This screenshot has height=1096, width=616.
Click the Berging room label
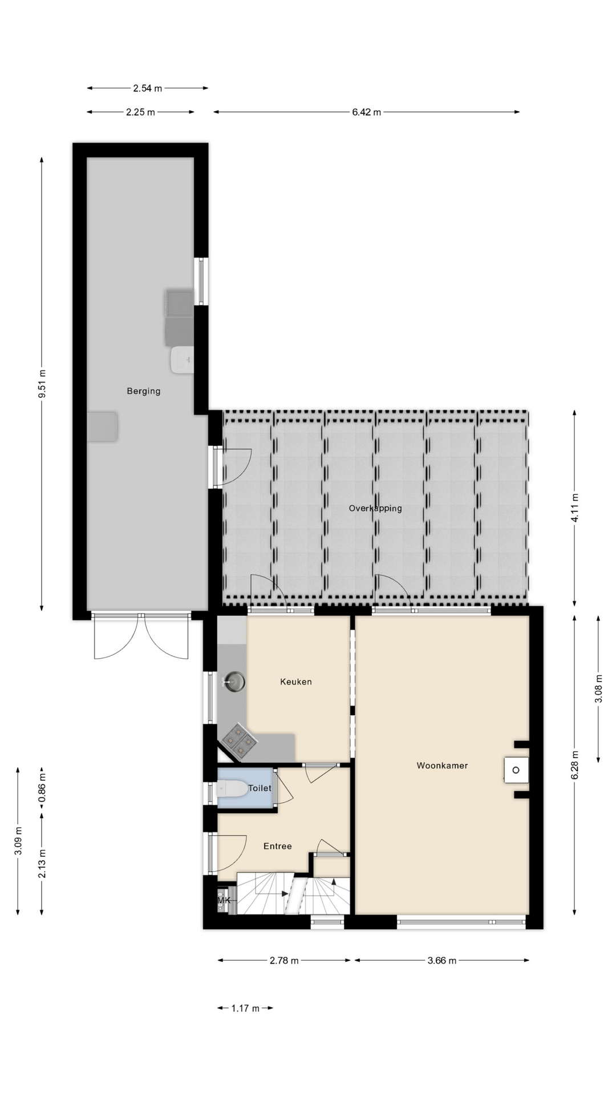point(143,391)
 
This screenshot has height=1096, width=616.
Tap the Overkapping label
point(375,508)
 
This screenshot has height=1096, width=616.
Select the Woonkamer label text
point(442,765)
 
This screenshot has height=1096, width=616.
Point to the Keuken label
point(296,682)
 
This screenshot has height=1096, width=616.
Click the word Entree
point(278,846)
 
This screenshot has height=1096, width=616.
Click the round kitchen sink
point(234,681)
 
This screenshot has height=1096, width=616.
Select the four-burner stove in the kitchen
point(239,741)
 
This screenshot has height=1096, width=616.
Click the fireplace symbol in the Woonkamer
point(516,770)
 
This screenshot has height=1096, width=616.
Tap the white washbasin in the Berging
point(182,360)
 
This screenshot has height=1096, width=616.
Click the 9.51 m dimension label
point(42,384)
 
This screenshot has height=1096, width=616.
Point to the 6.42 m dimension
point(366,112)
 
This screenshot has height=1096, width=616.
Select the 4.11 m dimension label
point(574,507)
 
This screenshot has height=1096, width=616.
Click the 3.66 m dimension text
point(442,961)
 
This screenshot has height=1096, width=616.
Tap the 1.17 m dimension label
point(245,1009)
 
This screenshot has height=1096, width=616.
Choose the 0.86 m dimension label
point(42,788)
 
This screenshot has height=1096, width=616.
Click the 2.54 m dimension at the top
point(148,88)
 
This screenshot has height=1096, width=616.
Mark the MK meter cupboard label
point(224,900)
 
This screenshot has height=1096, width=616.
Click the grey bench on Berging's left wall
point(103,426)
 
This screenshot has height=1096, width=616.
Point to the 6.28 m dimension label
point(574,765)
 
